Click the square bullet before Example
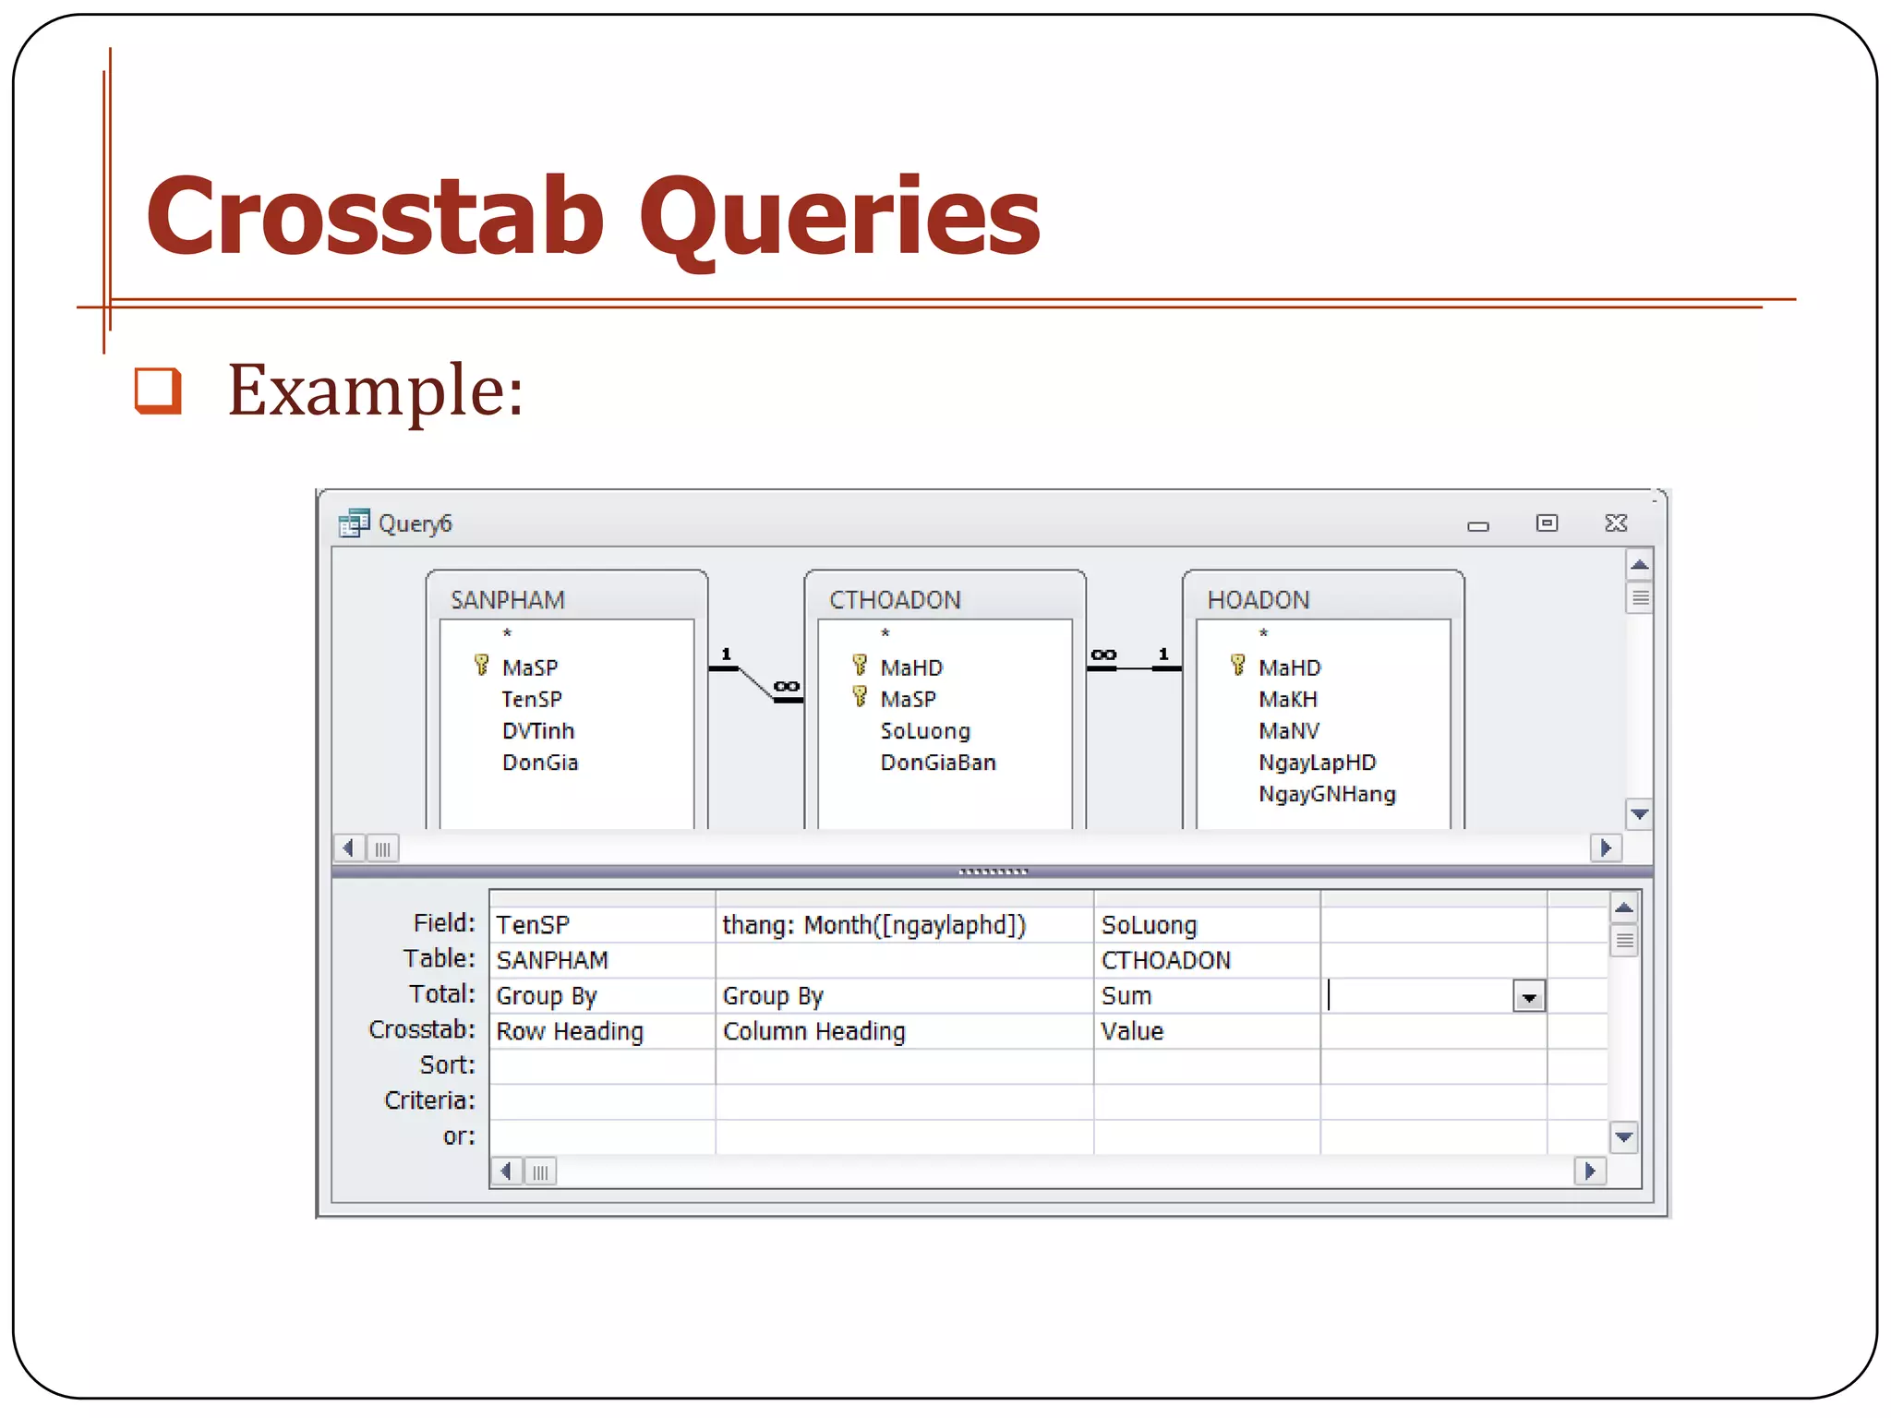coord(158,391)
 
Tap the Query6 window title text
coord(415,523)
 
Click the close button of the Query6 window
coord(1616,523)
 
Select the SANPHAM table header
coord(507,600)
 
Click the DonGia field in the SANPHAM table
coord(540,763)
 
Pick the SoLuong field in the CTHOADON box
coord(925,731)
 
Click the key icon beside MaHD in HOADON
coord(1237,665)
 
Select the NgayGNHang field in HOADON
coord(1327,794)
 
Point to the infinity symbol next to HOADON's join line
coord(1103,655)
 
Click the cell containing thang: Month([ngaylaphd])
coord(873,925)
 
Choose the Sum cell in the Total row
coord(1126,996)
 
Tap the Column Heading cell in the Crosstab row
coord(813,1031)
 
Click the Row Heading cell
coord(570,1031)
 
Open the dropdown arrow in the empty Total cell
coord(1529,997)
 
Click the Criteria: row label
coord(429,1100)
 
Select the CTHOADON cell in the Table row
coord(1165,960)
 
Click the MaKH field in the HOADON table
coord(1287,700)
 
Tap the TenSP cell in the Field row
coord(533,925)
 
